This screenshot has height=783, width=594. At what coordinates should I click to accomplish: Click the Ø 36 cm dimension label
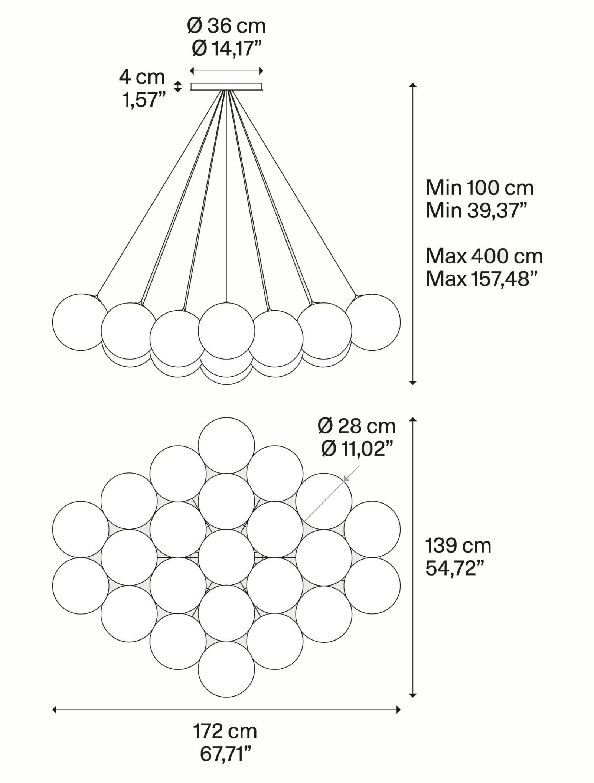tap(226, 26)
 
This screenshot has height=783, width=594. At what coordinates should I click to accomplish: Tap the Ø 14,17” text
tap(227, 49)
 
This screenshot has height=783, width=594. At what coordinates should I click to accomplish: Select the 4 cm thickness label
tap(142, 77)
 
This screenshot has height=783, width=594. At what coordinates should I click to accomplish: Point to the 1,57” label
tap(144, 100)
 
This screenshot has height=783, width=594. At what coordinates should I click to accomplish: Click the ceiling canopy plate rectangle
tap(226, 86)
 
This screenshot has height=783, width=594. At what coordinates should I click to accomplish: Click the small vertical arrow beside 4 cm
tap(178, 86)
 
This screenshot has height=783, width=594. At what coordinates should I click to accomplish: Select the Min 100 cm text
tap(480, 188)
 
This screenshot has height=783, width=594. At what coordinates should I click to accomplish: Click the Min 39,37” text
tap(476, 210)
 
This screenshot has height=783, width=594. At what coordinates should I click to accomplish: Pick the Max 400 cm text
tap(484, 256)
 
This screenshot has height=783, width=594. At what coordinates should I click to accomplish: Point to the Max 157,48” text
tap(482, 279)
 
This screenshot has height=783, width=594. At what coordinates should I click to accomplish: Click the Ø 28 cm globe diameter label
tap(357, 426)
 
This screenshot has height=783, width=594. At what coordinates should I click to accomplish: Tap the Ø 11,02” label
tap(357, 449)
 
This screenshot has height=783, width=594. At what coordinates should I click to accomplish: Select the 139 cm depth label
tap(458, 546)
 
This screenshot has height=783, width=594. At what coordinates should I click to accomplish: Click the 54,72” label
tap(455, 568)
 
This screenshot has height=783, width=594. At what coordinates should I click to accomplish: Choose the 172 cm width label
tap(225, 731)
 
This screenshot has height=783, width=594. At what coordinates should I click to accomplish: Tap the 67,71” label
tap(226, 754)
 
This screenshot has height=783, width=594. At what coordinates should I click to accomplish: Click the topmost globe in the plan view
tap(226, 445)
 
